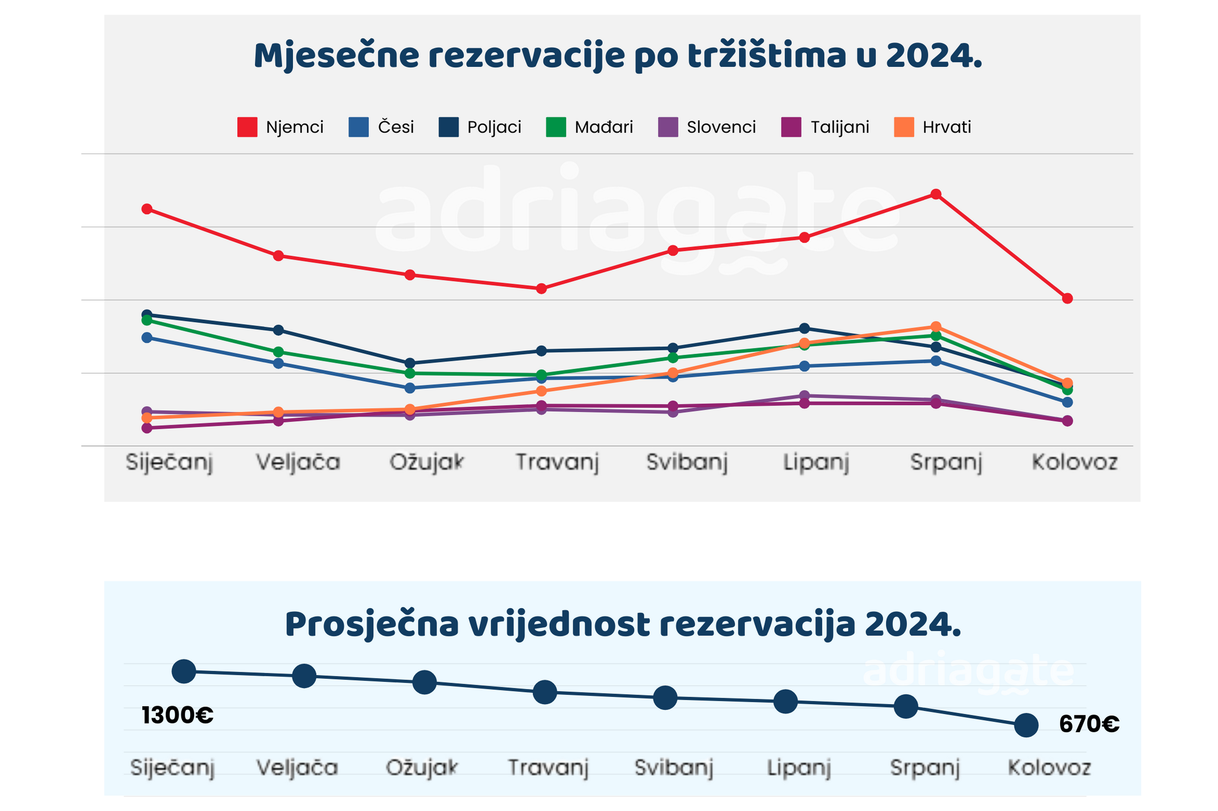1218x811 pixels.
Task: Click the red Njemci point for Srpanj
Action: (936, 194)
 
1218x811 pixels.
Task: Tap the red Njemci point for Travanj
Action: (541, 288)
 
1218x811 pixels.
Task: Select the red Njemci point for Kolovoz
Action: (1067, 299)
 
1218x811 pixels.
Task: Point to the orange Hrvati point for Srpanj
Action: (936, 327)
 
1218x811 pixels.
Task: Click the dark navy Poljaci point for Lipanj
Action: (804, 328)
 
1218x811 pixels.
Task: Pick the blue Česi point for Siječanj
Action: (147, 337)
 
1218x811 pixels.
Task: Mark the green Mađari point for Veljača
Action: (279, 352)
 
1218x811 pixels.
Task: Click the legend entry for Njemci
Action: (281, 127)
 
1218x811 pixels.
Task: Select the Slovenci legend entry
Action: (707, 127)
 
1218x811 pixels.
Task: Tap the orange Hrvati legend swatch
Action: (904, 127)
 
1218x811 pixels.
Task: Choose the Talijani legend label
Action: (840, 127)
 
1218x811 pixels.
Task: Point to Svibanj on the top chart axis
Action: (687, 462)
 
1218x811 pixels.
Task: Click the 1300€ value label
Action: (178, 715)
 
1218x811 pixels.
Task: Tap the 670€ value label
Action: (1089, 724)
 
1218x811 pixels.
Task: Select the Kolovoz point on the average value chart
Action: (1026, 725)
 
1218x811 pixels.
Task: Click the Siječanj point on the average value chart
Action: (184, 671)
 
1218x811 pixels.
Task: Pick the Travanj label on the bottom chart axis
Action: (548, 767)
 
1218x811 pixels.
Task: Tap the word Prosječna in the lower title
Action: (372, 625)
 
